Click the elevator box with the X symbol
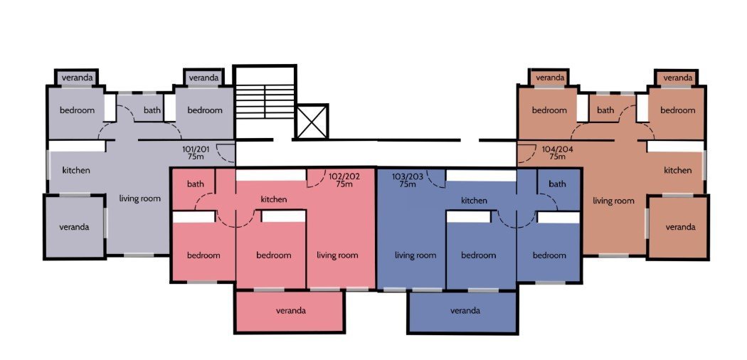pos(312,122)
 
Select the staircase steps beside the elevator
pos(265,102)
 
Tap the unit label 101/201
pos(196,149)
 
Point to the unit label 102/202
pos(344,176)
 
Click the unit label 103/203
pos(408,176)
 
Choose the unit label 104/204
pos(557,149)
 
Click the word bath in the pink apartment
pos(196,184)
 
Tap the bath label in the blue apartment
pos(557,184)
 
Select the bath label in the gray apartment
pos(152,110)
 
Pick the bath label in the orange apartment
pos(605,110)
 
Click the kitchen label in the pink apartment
pos(274,199)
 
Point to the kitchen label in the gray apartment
pos(76,170)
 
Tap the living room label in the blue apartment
pos(415,255)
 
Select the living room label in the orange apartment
pos(613,201)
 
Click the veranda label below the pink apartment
pos(290,311)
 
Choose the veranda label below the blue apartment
pos(465,311)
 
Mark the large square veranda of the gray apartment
pos(75,227)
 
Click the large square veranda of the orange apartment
pos(679,227)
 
